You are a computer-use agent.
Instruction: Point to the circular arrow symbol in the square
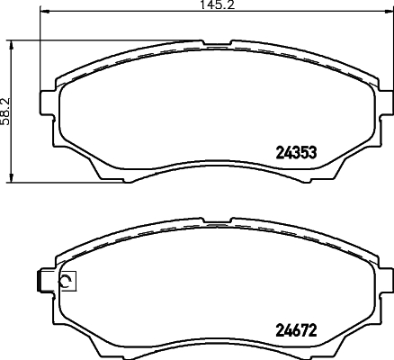(67, 282)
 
